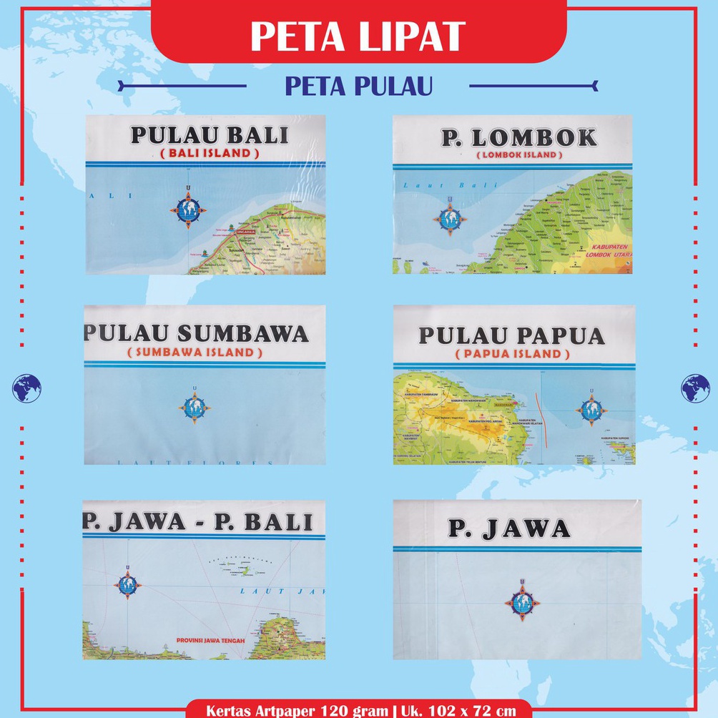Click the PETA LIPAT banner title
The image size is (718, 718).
[x=358, y=36]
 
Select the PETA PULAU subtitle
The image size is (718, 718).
[x=358, y=86]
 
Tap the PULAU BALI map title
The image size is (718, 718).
[x=209, y=135]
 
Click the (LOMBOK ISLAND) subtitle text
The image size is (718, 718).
[x=518, y=154]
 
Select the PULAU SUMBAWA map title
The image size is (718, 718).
[x=197, y=334]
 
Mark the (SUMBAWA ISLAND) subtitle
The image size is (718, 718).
[x=195, y=352]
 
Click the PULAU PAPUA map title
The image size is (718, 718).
[x=511, y=335]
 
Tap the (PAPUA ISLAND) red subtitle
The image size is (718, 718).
[x=512, y=354]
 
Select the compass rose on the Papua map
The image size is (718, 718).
[x=591, y=410]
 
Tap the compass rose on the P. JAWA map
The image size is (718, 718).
[x=522, y=602]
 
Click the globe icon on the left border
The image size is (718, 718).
[x=26, y=388]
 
